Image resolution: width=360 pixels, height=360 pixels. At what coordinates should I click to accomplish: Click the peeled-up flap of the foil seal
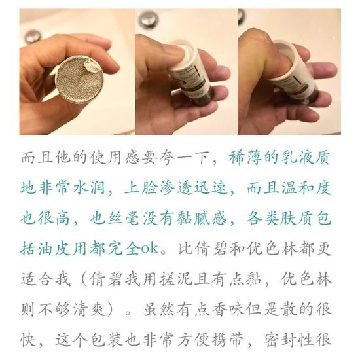pos(90,67)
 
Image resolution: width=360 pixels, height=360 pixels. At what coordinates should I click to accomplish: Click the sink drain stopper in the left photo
pos(33,36)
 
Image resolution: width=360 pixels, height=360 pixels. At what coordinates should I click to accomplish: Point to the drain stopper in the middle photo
pos(148,20)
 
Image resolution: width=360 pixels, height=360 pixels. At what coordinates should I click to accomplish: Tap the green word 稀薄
pos(245,158)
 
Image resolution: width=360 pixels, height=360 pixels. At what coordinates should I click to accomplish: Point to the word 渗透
pos(175,189)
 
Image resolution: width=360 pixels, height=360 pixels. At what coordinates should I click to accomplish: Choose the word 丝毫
pos(124,218)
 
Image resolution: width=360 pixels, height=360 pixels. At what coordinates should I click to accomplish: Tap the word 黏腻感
pos(202,218)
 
